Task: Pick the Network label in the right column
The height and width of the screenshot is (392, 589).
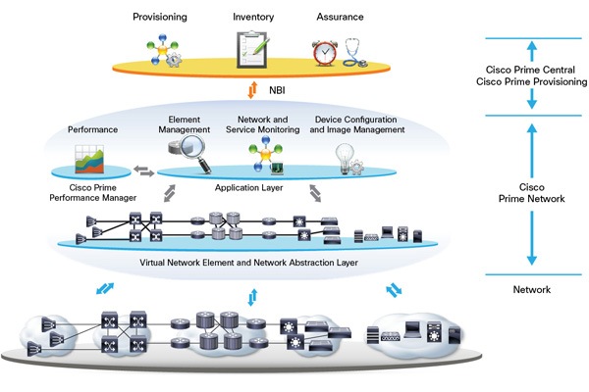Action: click(530, 290)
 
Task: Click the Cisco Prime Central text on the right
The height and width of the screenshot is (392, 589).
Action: click(530, 70)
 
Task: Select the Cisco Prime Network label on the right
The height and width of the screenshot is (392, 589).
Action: click(530, 191)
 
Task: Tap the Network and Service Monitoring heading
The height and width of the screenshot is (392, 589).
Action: click(262, 124)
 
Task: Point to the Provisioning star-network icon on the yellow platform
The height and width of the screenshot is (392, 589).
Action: click(164, 50)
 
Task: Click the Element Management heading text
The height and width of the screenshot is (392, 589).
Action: click(184, 124)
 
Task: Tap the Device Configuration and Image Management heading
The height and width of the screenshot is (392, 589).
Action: click(358, 124)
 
